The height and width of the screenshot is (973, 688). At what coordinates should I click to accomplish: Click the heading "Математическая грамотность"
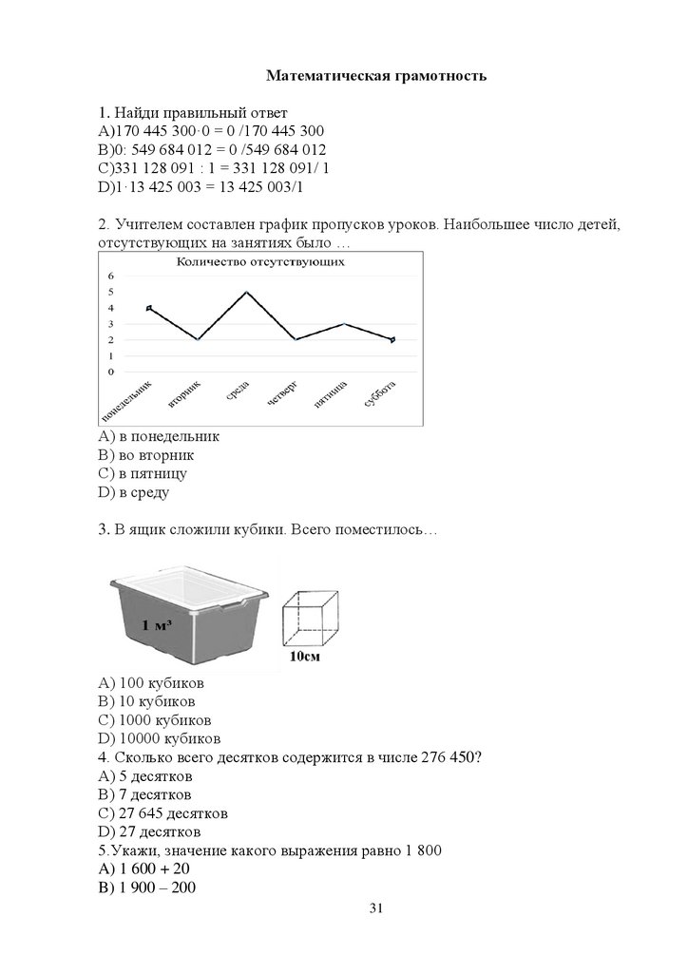point(376,75)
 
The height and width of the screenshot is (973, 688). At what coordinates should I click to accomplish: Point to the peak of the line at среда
point(247,292)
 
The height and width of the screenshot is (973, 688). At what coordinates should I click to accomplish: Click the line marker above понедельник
point(149,308)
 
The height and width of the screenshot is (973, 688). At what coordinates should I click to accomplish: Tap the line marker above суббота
point(392,339)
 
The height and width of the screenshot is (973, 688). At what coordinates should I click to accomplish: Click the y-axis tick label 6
point(111,276)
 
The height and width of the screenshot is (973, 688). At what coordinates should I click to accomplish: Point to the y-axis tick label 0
point(111,372)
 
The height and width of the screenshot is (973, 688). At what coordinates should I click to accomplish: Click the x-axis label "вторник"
point(185,395)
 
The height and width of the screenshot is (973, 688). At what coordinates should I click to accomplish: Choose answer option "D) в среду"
point(133,491)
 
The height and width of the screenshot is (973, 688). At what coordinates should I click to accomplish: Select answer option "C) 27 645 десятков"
point(162,812)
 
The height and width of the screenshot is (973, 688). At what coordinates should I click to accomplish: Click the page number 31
point(375,909)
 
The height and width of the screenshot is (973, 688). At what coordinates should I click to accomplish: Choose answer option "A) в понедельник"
point(159,437)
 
